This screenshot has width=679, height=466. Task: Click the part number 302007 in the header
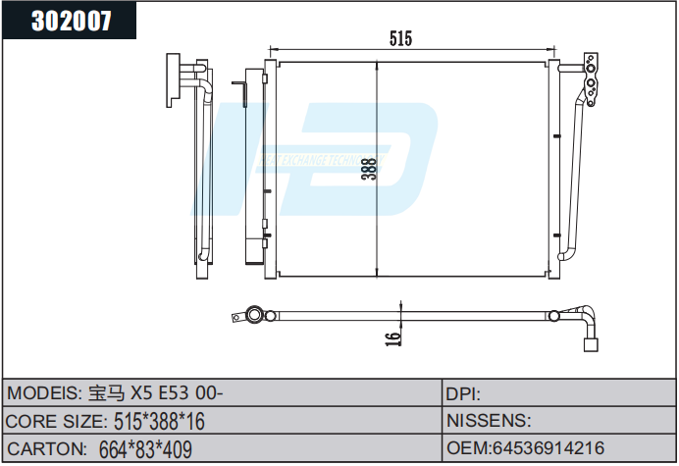pyautogui.click(x=72, y=20)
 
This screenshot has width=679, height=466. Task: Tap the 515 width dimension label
pyautogui.click(x=399, y=38)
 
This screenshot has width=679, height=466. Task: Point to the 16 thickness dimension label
pyautogui.click(x=392, y=337)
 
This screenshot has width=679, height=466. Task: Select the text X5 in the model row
pyautogui.click(x=143, y=393)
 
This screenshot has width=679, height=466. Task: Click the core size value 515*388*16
pyautogui.click(x=158, y=421)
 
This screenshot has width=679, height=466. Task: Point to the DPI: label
pyautogui.click(x=463, y=393)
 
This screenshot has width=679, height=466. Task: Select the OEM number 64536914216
pyautogui.click(x=525, y=448)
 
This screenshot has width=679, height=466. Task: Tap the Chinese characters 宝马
pyautogui.click(x=107, y=393)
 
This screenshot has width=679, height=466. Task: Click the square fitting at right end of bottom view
pyautogui.click(x=592, y=344)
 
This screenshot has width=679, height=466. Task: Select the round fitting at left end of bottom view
pyautogui.click(x=254, y=316)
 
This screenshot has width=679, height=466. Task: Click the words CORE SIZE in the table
pyautogui.click(x=55, y=421)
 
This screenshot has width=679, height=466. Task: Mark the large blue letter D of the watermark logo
pyautogui.click(x=392, y=157)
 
